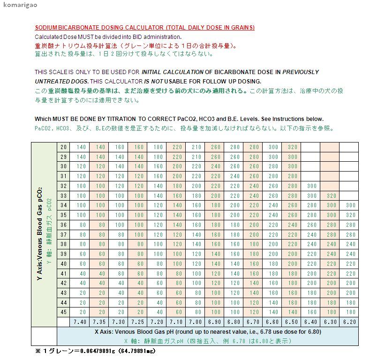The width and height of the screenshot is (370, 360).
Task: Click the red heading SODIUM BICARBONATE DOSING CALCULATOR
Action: click(145, 28)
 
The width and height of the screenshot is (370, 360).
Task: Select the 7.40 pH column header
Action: click(81, 322)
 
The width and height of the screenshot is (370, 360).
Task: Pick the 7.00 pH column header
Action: click(196, 322)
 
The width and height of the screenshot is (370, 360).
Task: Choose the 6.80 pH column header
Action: click(234, 322)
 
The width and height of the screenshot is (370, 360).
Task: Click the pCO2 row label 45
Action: click(64, 312)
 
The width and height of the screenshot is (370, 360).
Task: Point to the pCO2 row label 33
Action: click(64, 195)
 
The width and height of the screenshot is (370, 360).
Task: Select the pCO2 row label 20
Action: click(64, 147)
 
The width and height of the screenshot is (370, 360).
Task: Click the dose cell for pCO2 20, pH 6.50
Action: click(292, 147)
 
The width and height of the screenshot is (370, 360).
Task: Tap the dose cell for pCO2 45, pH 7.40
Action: click(81, 312)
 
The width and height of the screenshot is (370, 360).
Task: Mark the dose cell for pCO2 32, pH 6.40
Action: click(311, 186)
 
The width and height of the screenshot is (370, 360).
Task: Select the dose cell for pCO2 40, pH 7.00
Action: click(196, 263)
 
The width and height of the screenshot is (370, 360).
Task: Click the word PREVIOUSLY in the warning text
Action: click(300, 72)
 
